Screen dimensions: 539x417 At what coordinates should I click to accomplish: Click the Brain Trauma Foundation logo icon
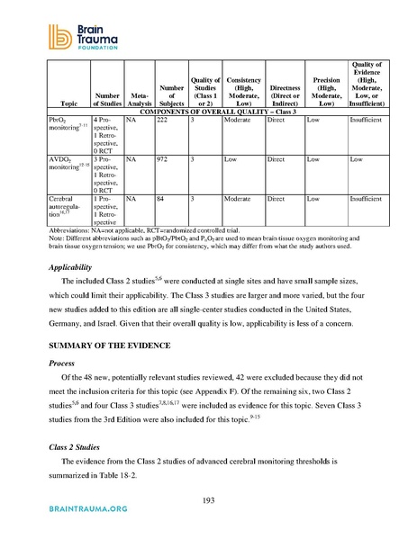41,33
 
